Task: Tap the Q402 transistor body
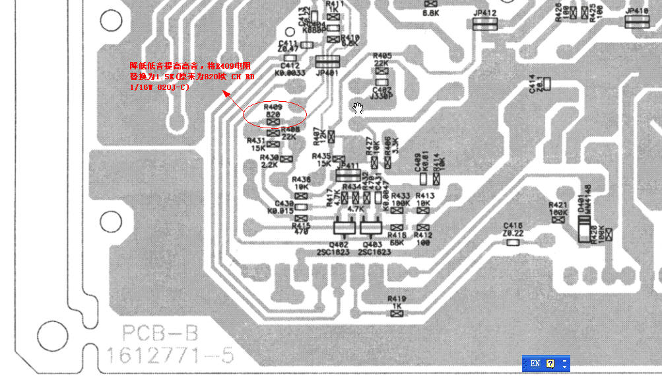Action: point(343,228)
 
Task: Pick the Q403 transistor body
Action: point(370,228)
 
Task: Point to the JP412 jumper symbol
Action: point(485,24)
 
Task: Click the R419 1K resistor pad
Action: point(397,313)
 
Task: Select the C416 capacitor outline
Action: point(513,242)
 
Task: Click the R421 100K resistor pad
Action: point(558,219)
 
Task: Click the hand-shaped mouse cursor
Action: point(358,108)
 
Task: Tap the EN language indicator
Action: point(535,364)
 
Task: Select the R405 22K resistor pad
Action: point(381,71)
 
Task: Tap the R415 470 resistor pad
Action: point(301,218)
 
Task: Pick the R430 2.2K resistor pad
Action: point(286,159)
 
